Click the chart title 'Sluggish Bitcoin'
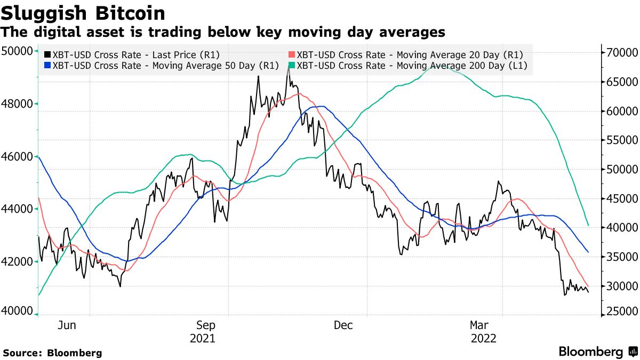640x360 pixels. [83, 13]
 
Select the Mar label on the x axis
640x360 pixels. [479, 325]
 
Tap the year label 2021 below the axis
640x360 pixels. [203, 338]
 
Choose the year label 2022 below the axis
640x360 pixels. [483, 338]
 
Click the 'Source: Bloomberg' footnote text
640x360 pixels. [52, 353]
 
